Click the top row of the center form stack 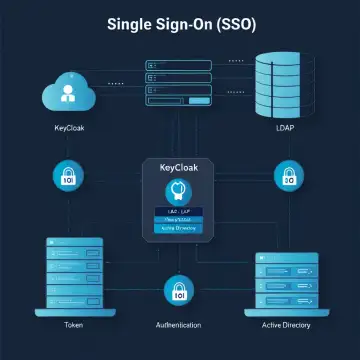click(179, 66)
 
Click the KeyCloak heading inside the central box click(180, 169)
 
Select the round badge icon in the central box click(180, 192)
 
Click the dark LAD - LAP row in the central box click(180, 212)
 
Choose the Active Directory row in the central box click(180, 229)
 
